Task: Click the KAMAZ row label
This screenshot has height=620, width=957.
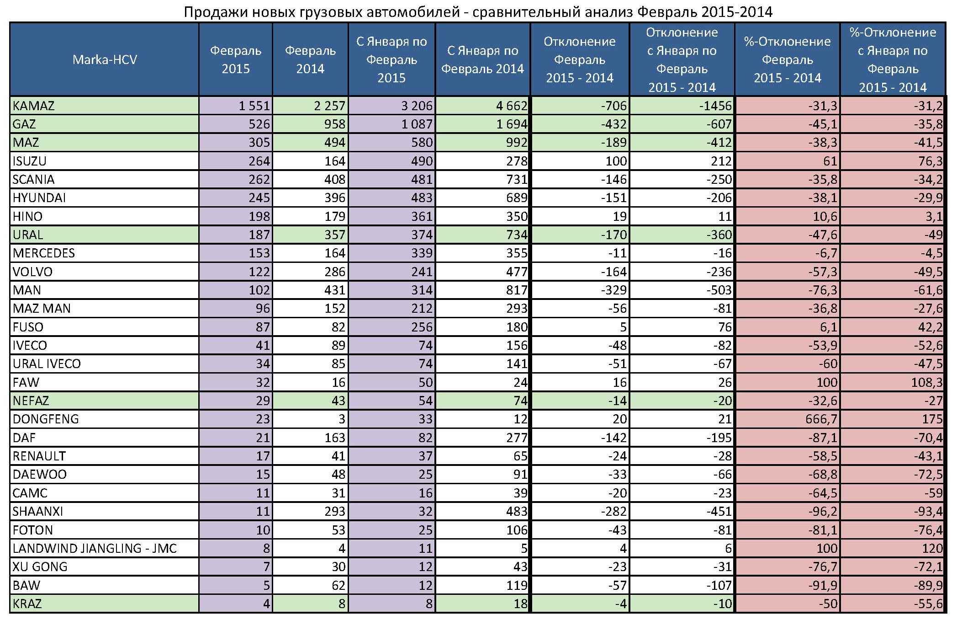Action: pyautogui.click(x=33, y=106)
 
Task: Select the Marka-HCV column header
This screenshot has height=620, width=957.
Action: pyautogui.click(x=105, y=59)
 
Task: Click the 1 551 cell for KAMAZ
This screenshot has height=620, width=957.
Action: pyautogui.click(x=254, y=106)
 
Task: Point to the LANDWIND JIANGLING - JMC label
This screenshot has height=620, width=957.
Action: pyautogui.click(x=95, y=548)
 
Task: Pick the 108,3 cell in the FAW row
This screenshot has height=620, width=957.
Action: pyautogui.click(x=926, y=382)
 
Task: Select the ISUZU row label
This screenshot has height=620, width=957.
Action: pyautogui.click(x=30, y=161)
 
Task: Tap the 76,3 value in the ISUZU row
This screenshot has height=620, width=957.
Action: pyautogui.click(x=930, y=161)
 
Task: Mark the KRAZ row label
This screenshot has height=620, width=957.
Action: pyautogui.click(x=27, y=604)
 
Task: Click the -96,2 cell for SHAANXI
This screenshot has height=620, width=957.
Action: pyautogui.click(x=822, y=511)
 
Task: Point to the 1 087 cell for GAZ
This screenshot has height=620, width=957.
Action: pyautogui.click(x=417, y=124)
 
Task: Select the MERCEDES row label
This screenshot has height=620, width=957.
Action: pyautogui.click(x=44, y=253)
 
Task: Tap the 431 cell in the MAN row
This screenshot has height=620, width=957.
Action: pyautogui.click(x=334, y=290)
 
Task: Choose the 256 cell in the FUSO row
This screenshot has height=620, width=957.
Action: pyautogui.click(x=421, y=327)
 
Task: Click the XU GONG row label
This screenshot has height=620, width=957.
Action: pyautogui.click(x=40, y=567)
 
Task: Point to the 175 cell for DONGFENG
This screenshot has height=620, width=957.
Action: pyautogui.click(x=932, y=419)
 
